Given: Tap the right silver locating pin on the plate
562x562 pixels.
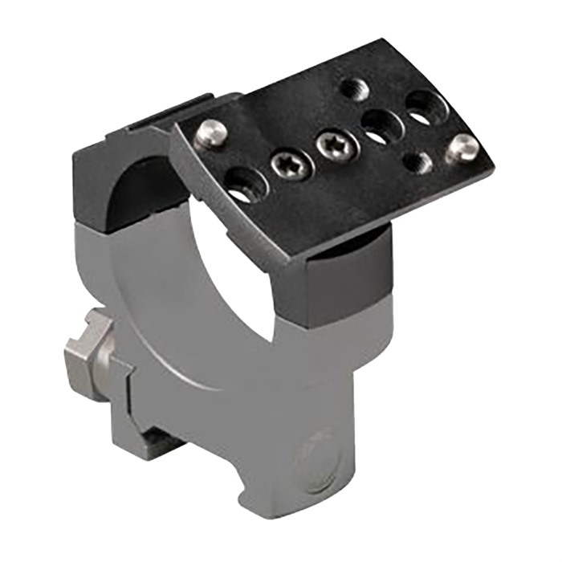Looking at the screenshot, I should pyautogui.click(x=462, y=147).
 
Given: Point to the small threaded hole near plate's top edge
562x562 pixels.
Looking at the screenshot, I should pyautogui.click(x=354, y=88).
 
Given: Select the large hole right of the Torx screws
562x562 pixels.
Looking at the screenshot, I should pyautogui.click(x=377, y=125).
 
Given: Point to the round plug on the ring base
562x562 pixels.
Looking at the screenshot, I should pyautogui.click(x=316, y=459).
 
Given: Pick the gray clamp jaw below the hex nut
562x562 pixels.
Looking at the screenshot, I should pyautogui.click(x=120, y=401).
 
